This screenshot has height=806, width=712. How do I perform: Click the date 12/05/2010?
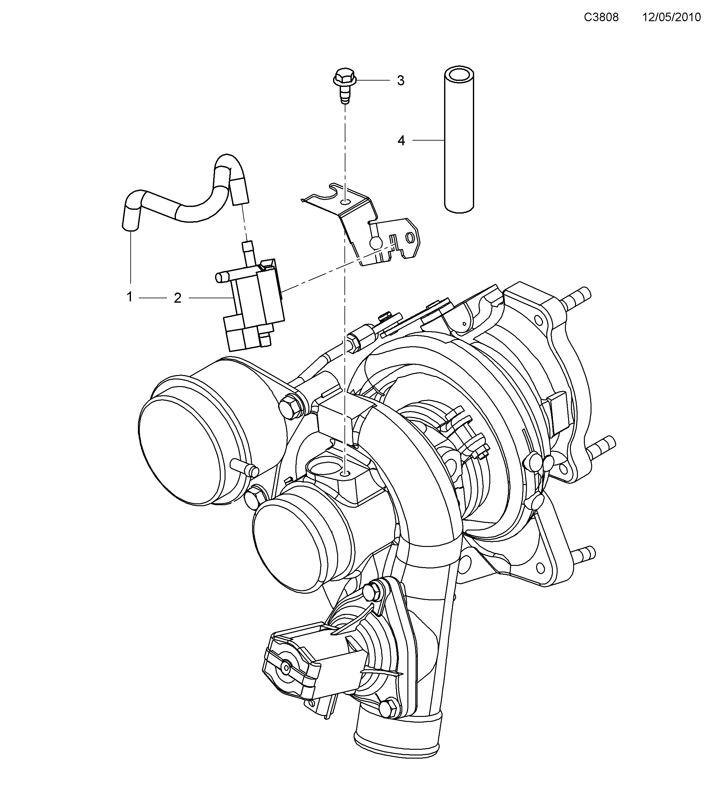pos(672,17)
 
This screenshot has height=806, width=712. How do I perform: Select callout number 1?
pos(129,297)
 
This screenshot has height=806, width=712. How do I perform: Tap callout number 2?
pos(178,298)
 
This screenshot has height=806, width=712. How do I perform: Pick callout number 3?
pos(400,81)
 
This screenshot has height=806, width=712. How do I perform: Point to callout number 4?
pos(401,140)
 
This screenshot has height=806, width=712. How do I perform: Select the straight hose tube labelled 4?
pos(459,142)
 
